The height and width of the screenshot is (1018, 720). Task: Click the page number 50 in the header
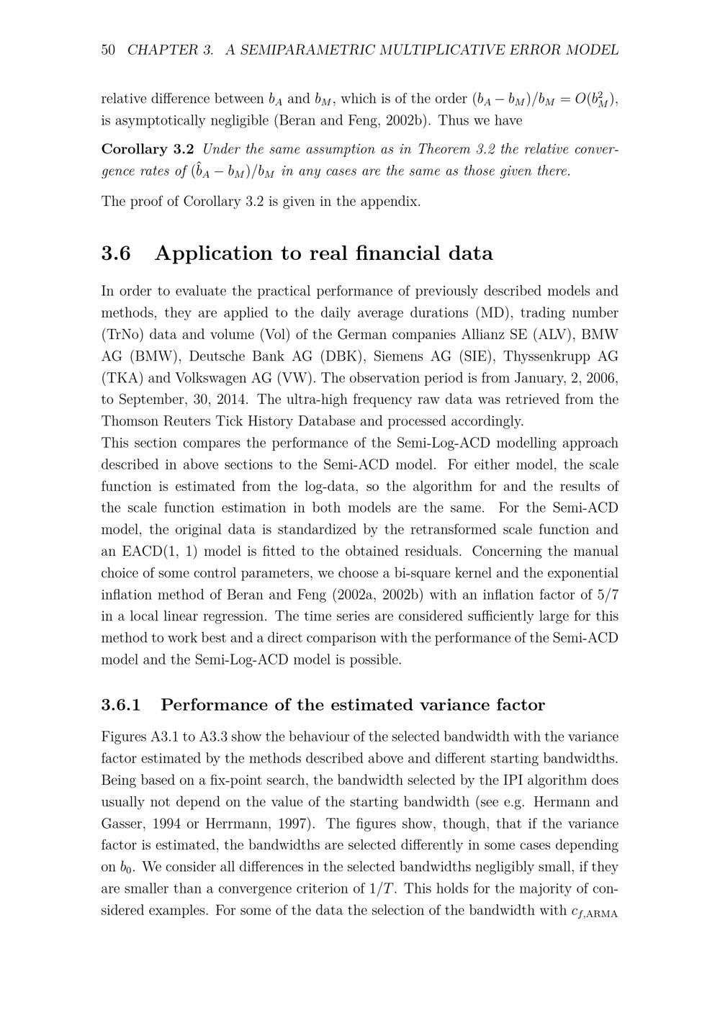click(x=109, y=50)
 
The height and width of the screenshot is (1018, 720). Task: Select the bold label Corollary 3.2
click(x=148, y=149)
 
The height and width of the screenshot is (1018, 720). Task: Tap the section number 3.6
click(x=116, y=253)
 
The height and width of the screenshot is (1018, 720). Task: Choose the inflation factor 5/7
click(x=603, y=595)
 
